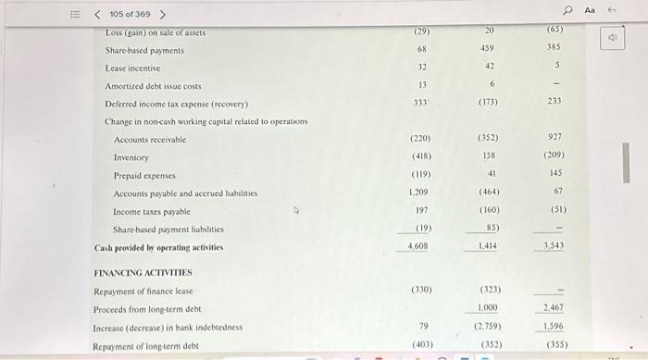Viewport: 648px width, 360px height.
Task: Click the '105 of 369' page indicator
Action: click(x=130, y=14)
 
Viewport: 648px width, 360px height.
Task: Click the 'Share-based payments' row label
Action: click(x=144, y=50)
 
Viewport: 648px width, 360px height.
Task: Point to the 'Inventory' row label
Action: click(x=131, y=157)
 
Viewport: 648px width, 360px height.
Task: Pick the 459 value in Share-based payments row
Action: click(x=487, y=49)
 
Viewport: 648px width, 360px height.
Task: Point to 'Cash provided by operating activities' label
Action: click(x=158, y=247)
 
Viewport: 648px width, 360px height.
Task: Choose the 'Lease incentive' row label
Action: click(x=132, y=68)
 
